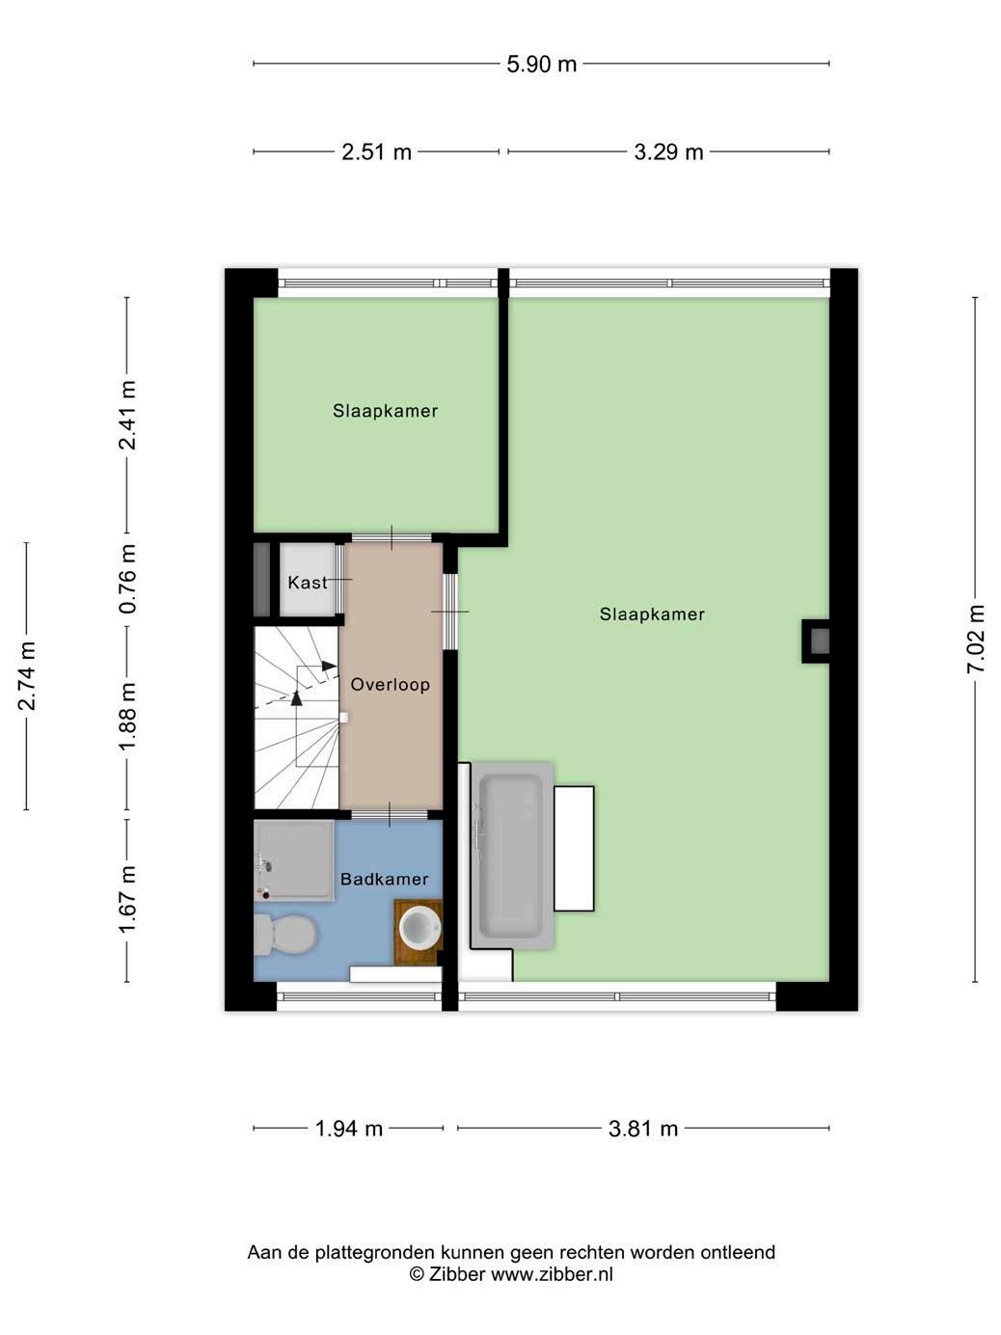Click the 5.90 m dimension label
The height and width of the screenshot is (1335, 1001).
pyautogui.click(x=541, y=64)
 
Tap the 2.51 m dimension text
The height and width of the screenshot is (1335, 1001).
pyautogui.click(x=376, y=152)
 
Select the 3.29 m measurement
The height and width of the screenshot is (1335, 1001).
pyautogui.click(x=668, y=152)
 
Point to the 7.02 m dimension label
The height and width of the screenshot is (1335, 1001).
pyautogui.click(x=975, y=639)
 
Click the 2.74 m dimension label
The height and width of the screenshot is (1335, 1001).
pyautogui.click(x=27, y=676)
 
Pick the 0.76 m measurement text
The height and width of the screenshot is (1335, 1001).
pyautogui.click(x=127, y=579)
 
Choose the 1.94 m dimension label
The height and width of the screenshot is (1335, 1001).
pyautogui.click(x=349, y=1129)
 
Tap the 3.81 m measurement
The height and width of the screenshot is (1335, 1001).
pyautogui.click(x=642, y=1129)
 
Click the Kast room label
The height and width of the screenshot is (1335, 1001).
pyautogui.click(x=308, y=583)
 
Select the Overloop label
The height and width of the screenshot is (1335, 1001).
pyautogui.click(x=391, y=685)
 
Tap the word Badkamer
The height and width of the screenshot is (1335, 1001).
pyautogui.click(x=384, y=879)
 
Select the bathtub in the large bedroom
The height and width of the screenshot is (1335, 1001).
pyautogui.click(x=512, y=856)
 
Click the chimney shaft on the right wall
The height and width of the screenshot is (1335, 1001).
pyautogui.click(x=816, y=641)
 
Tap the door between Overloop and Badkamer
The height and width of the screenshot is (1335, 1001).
pyautogui.click(x=391, y=815)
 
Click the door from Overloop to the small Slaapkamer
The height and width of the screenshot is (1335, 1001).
pyautogui.click(x=392, y=537)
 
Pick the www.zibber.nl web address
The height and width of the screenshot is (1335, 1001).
pyautogui.click(x=552, y=1273)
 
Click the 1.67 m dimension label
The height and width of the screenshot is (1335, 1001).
pyautogui.click(x=127, y=900)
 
